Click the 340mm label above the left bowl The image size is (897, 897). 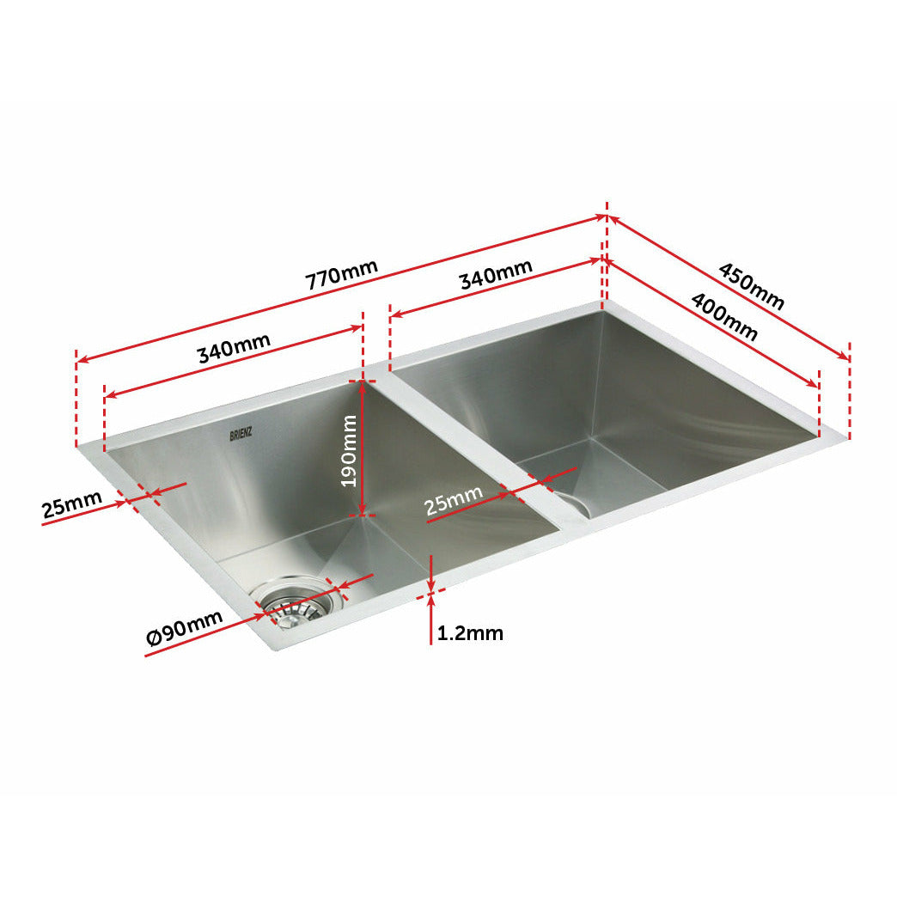coord(234,347)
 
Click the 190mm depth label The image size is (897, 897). coord(348,450)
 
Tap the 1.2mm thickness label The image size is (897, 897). coord(470,634)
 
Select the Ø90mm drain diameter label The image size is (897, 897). coord(185,628)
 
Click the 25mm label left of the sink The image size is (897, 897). coord(71,505)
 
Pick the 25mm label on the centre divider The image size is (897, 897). coord(454,501)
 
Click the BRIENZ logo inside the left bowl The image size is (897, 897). coord(241,436)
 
